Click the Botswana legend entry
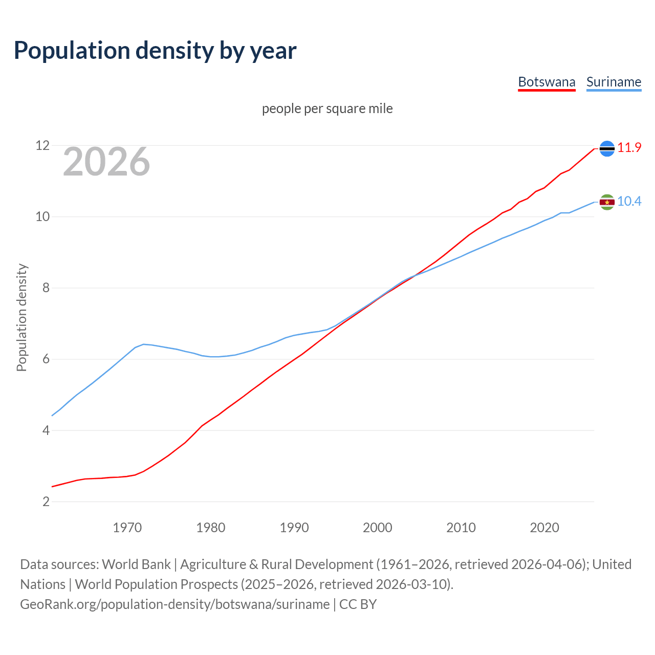point(547,82)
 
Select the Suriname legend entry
point(614,82)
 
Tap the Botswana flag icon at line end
point(607,148)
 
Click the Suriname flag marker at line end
point(607,202)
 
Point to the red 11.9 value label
point(629,148)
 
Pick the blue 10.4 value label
point(629,202)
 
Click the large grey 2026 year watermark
point(106,162)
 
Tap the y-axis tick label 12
point(42,146)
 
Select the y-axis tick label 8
point(46,288)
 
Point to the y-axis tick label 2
point(46,501)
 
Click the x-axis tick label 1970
point(127,528)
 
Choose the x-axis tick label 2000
point(377,528)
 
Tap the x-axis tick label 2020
point(544,528)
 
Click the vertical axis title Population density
point(21,317)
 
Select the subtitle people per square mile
point(327,109)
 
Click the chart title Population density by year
point(155,51)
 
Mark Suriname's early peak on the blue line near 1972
point(144,344)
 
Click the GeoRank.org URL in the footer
point(174,604)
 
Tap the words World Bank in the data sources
point(136,564)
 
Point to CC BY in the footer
point(358,604)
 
